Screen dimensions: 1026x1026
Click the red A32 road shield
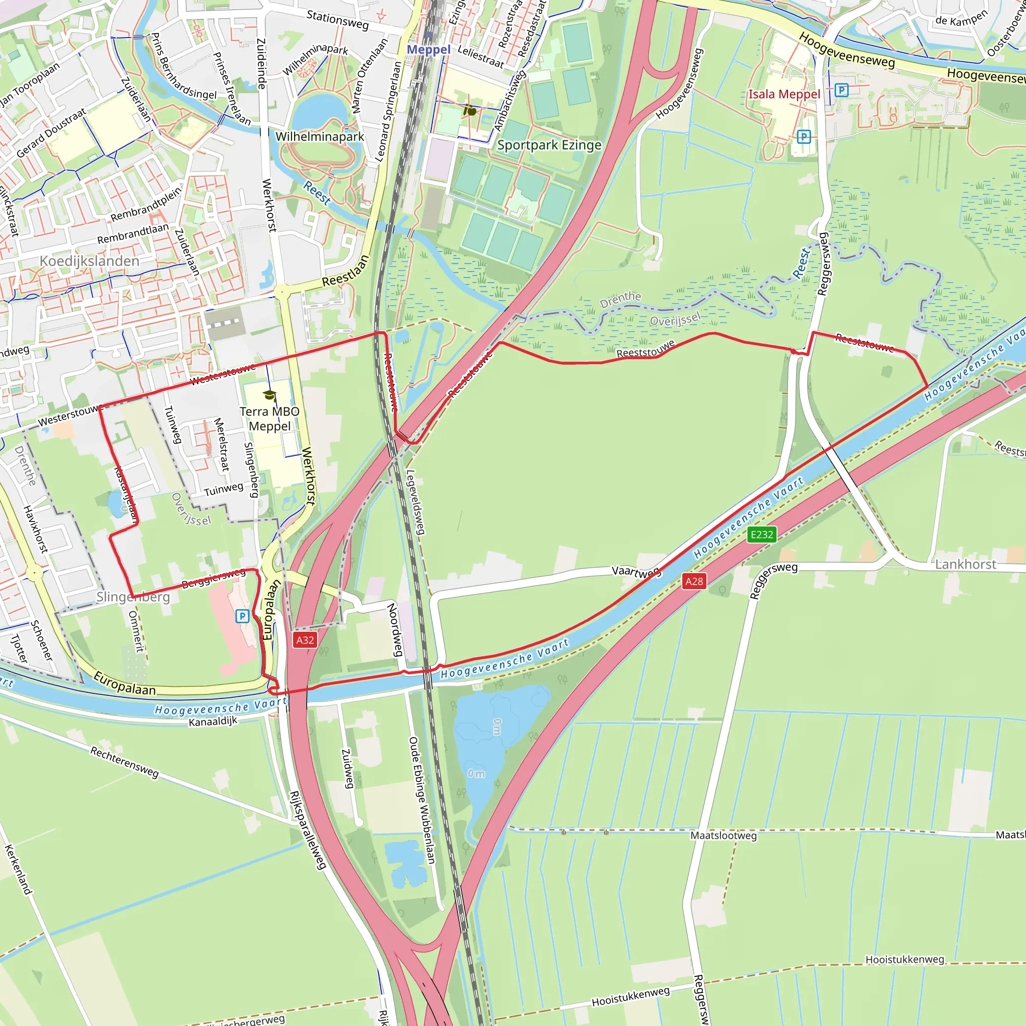click(305, 640)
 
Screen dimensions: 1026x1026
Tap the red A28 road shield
click(694, 581)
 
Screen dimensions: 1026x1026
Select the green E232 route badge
click(761, 534)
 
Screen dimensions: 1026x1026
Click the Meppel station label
click(428, 50)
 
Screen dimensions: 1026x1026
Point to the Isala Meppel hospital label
click(784, 95)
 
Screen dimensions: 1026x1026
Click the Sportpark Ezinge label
click(549, 145)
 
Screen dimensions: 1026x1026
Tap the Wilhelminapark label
click(320, 136)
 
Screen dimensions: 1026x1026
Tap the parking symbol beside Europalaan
click(242, 616)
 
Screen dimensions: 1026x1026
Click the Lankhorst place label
click(965, 565)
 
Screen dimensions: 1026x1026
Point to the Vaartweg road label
click(636, 572)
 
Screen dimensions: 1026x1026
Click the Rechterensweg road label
click(124, 762)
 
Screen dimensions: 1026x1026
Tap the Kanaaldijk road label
click(213, 721)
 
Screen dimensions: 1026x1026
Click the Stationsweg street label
click(337, 20)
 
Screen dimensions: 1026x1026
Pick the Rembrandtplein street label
click(146, 204)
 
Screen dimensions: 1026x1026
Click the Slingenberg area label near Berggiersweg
click(133, 597)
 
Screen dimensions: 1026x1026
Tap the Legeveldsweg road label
click(415, 502)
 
